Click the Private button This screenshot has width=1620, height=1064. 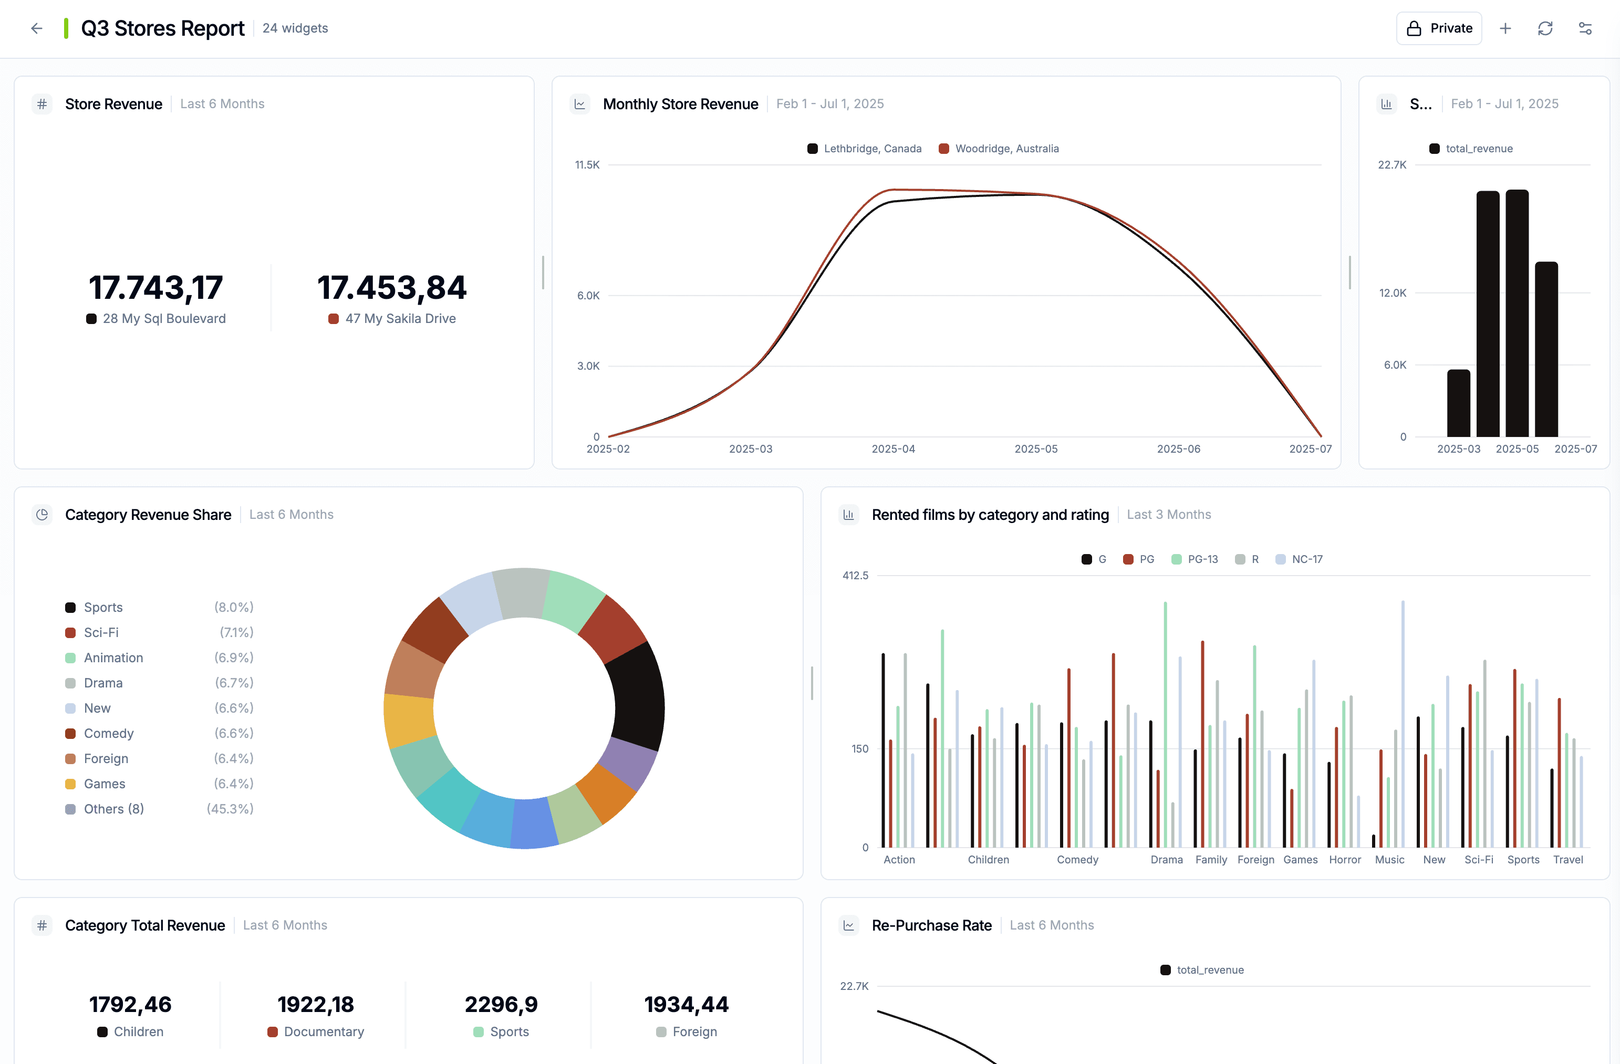click(1438, 28)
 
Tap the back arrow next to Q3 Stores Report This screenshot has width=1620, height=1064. click(37, 28)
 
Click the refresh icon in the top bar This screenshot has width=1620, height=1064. click(1544, 28)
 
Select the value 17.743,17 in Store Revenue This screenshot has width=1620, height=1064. click(156, 288)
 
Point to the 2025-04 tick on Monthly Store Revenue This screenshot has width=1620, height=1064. click(893, 449)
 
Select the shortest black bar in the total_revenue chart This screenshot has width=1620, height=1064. click(1458, 403)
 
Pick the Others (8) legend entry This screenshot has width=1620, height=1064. click(113, 809)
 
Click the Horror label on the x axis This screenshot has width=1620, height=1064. click(1344, 860)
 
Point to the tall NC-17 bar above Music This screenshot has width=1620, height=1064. click(1402, 721)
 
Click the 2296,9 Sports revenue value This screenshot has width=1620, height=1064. click(501, 1005)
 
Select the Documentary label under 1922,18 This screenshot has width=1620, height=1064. click(324, 1032)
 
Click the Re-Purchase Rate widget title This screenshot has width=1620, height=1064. click(931, 925)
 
